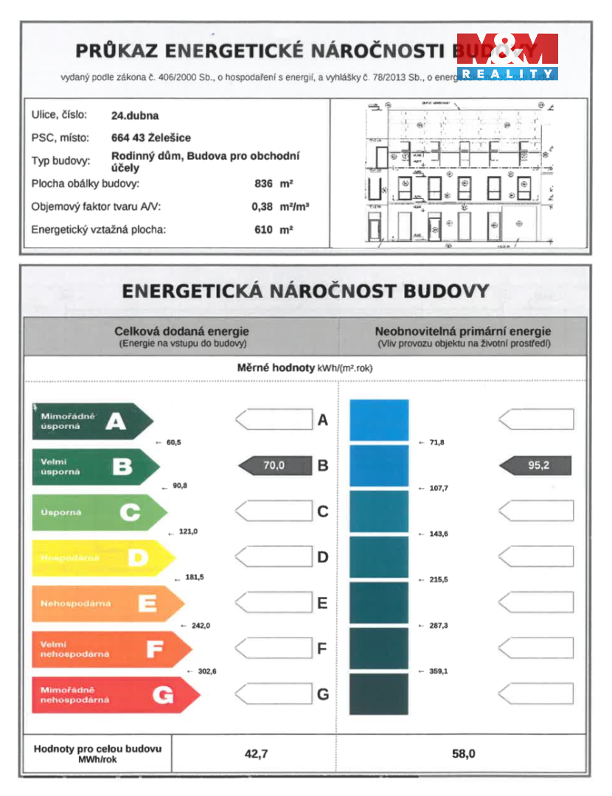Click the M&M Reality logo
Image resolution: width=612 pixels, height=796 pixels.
[x=507, y=56]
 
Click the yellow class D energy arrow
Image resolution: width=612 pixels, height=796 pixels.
[x=103, y=558]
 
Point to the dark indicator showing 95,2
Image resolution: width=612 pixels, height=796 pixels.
[x=537, y=465]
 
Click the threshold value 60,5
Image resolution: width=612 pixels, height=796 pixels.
[x=173, y=442]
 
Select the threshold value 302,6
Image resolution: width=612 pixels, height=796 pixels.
[x=206, y=671]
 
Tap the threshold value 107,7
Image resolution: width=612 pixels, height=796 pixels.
[x=438, y=488]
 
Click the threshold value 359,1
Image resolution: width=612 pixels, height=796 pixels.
[x=438, y=671]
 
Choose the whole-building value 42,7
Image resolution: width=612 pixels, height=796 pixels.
[x=255, y=753]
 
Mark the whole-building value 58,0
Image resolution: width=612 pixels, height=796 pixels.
[x=463, y=753]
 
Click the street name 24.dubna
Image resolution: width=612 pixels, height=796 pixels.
[x=135, y=115]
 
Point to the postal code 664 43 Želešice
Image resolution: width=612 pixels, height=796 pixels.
[x=150, y=137]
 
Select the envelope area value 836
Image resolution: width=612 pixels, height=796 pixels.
[x=263, y=184]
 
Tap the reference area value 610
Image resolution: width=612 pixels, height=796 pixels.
[x=263, y=229]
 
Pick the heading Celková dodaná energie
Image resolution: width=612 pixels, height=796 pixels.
[x=181, y=332]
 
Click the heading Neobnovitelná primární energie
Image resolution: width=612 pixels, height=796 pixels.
[x=463, y=332]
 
